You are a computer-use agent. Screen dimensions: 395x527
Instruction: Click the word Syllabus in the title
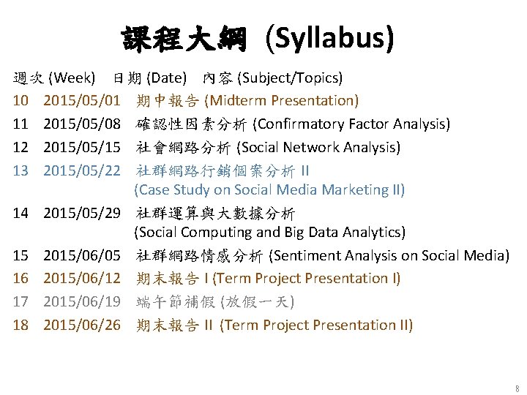[x=330, y=39]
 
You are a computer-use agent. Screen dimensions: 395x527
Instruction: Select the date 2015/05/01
[x=82, y=100]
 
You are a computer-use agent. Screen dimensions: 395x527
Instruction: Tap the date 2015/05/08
[x=82, y=124]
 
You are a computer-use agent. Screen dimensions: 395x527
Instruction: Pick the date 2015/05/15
[x=82, y=147]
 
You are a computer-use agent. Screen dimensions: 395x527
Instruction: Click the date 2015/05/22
[x=82, y=170]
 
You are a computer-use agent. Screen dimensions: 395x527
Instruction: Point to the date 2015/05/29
[x=82, y=214]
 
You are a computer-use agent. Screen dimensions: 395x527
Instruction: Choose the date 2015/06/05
[x=82, y=255]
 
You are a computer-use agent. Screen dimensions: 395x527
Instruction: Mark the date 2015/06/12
[x=82, y=278]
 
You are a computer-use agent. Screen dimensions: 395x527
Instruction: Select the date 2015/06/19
[x=82, y=301]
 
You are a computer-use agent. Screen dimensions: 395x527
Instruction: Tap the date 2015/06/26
[x=82, y=324]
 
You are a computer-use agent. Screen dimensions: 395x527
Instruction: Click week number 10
[x=20, y=100]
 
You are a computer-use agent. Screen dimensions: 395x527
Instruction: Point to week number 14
[x=20, y=214]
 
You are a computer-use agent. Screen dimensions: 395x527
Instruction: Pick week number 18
[x=20, y=324]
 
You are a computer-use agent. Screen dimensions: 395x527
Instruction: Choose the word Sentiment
[x=304, y=255]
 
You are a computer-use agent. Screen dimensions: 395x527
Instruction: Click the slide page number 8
[x=517, y=388]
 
